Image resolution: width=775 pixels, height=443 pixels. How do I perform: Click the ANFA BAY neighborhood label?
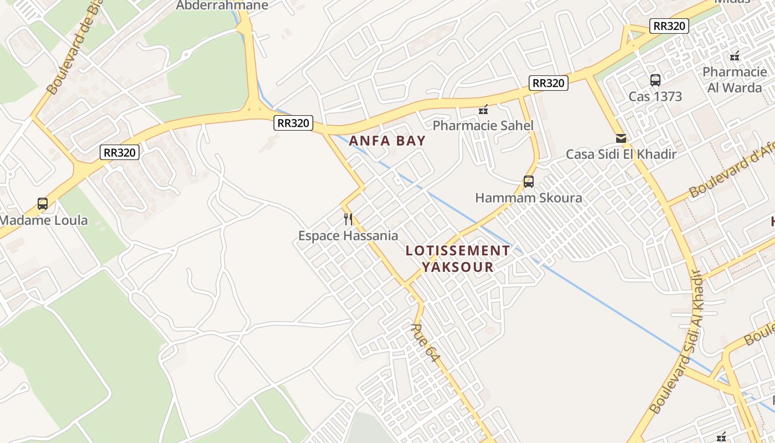387,141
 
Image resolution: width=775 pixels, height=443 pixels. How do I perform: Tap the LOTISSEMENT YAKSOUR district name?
458,259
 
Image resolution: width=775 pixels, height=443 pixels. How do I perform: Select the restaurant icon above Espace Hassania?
348,219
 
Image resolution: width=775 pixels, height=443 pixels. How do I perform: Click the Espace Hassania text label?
348,236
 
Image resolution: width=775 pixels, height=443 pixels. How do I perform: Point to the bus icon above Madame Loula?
43,204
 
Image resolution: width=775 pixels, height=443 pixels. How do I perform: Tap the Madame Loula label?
43,220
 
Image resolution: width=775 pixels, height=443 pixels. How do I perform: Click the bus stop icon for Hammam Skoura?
529,181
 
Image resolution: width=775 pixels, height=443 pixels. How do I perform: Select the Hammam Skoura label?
529,198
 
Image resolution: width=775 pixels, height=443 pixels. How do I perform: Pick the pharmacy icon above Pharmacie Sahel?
483,110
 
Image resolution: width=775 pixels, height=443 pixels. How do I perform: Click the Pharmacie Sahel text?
483,126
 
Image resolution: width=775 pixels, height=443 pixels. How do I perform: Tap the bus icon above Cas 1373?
655,80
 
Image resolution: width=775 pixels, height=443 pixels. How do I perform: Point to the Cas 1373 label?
655,96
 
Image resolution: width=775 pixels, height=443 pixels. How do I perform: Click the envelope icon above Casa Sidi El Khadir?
621,138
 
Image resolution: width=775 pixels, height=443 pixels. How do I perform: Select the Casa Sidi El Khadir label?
621,154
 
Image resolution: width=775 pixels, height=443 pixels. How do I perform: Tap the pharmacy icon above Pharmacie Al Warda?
735,56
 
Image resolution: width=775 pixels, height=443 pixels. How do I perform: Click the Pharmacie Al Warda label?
735,80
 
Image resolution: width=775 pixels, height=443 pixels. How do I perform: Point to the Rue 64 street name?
425,343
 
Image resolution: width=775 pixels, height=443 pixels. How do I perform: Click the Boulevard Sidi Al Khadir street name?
678,342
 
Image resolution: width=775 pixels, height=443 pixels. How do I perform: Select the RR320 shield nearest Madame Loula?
120,152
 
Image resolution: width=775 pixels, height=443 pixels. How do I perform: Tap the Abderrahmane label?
222,6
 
